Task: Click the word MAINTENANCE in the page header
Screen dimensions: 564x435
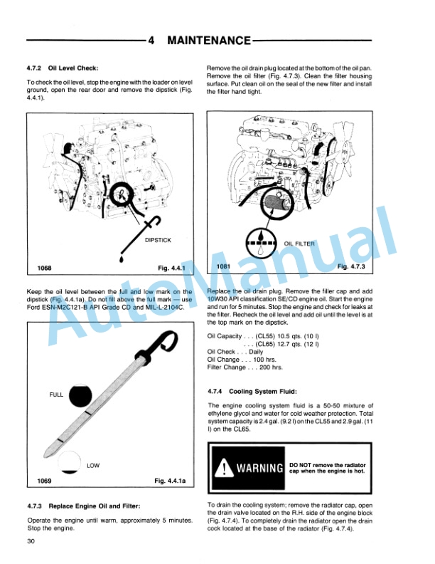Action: pos(208,41)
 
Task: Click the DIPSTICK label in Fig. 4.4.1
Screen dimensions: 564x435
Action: pos(158,240)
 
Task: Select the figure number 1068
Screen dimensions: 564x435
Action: pos(45,269)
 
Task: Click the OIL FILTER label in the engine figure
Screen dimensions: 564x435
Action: pos(299,244)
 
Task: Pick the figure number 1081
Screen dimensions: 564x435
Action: pos(224,267)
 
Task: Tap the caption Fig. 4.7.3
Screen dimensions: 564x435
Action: pos(350,266)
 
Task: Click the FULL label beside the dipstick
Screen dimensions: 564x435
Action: pos(56,394)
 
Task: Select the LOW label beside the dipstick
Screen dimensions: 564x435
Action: pos(93,466)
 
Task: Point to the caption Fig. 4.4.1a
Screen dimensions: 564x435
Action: pos(170,481)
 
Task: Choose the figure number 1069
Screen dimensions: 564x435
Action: pos(45,481)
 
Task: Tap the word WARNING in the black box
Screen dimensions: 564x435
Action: pos(260,469)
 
